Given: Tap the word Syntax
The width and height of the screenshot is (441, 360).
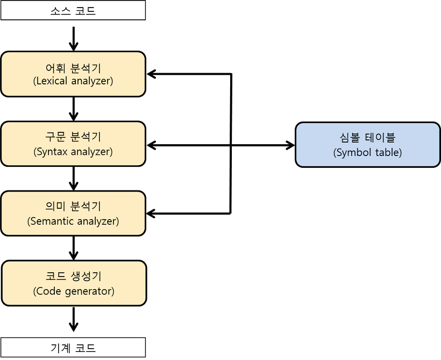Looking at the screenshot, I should click(50, 152).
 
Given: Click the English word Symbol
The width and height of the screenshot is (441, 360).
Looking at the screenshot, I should click(352, 152).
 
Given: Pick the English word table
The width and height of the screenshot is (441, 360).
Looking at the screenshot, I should click(387, 152).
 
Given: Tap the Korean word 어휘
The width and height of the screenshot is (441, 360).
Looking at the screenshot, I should click(56, 68).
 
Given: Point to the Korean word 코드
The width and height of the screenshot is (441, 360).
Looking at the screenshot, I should click(56, 277).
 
